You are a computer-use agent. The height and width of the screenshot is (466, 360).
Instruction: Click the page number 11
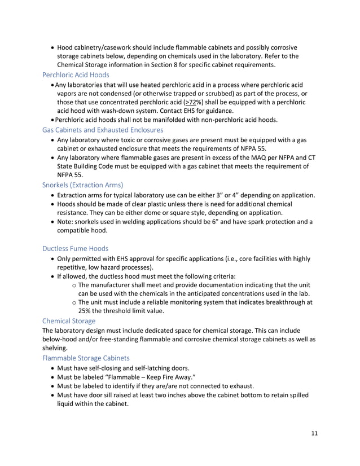click(x=314, y=433)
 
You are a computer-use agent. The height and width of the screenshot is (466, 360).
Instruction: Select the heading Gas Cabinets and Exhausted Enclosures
click(x=103, y=130)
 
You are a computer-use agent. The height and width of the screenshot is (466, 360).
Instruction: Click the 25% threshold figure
click(x=86, y=310)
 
